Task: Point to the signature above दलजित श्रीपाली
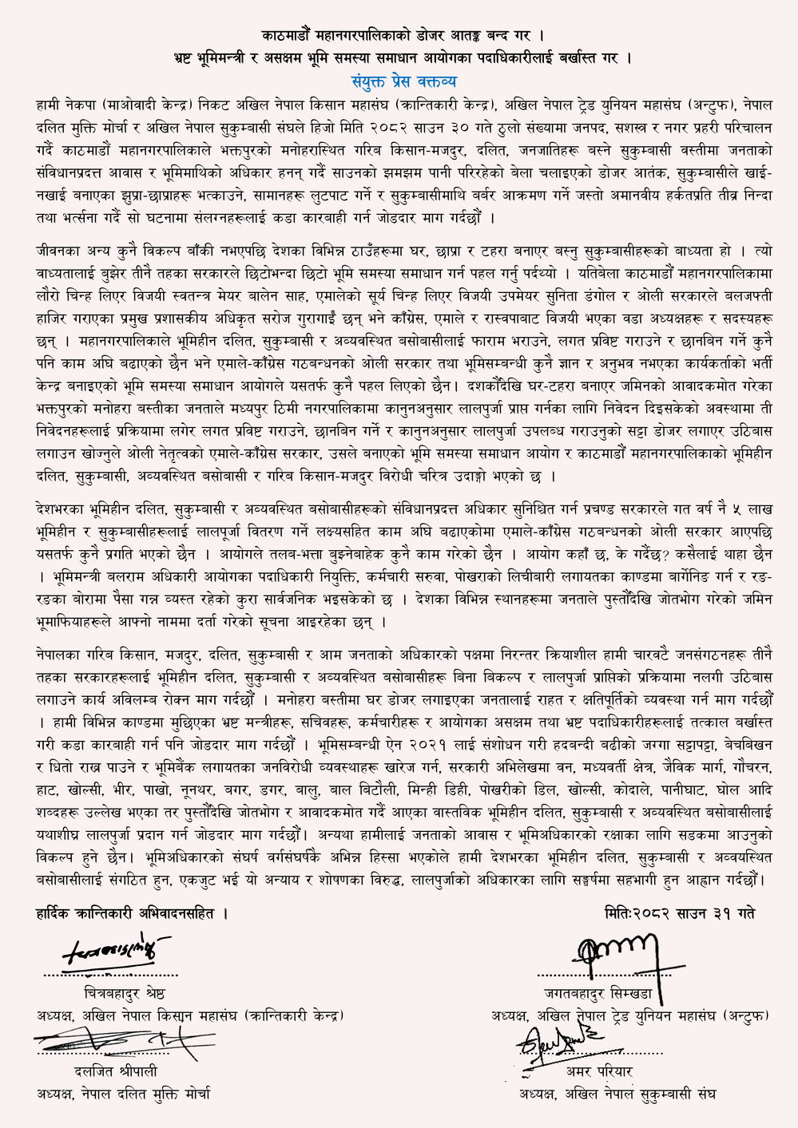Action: point(112,1042)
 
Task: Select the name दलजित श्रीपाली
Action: point(111,1071)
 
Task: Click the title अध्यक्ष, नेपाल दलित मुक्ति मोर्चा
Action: point(123,1094)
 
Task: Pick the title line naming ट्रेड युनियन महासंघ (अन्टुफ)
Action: point(630,1016)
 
